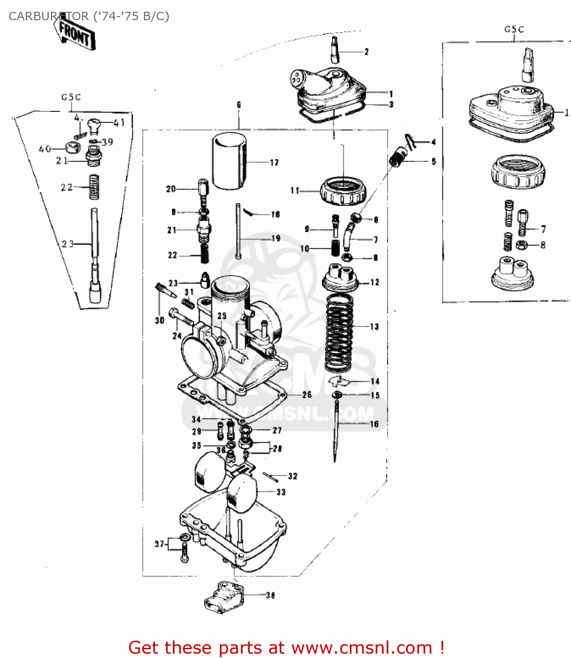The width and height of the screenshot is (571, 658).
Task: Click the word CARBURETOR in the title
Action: (48, 16)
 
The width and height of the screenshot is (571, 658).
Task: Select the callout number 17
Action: (274, 163)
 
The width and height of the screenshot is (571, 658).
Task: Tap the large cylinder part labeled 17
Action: (229, 161)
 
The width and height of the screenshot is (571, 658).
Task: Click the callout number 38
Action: (270, 595)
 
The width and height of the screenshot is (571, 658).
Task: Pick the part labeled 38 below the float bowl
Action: (223, 596)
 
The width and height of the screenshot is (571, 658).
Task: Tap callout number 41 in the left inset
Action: (119, 123)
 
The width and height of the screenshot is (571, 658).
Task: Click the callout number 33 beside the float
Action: (281, 492)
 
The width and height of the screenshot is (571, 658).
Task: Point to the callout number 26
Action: (307, 395)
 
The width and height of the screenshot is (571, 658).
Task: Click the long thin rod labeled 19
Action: (238, 231)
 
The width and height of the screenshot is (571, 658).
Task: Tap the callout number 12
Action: (374, 283)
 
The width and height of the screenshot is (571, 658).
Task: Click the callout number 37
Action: (159, 544)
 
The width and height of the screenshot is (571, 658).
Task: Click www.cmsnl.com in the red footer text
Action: (362, 647)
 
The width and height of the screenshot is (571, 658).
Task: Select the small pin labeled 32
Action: (270, 476)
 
